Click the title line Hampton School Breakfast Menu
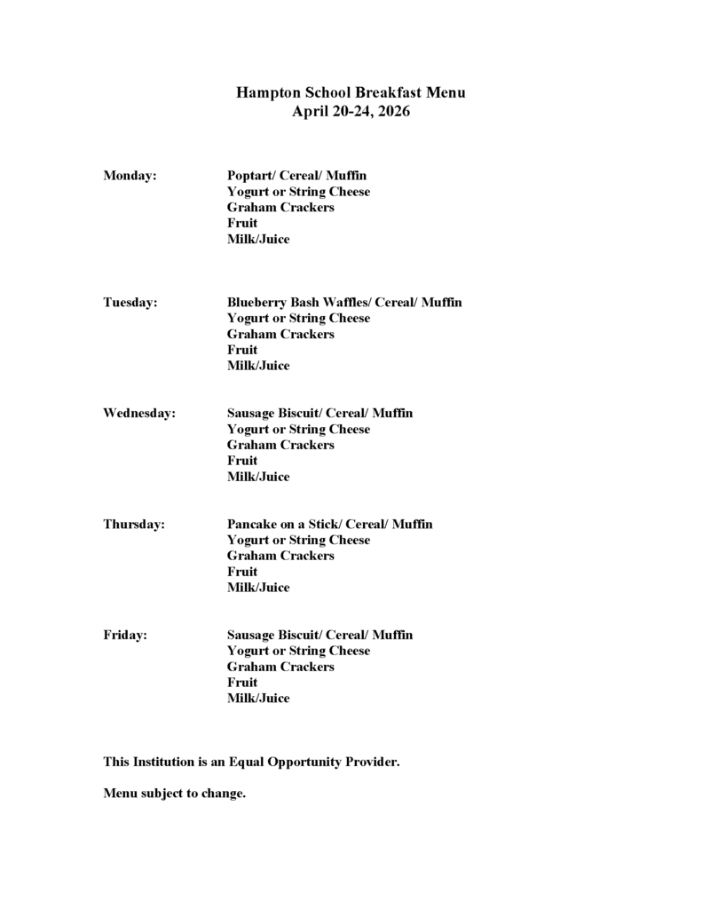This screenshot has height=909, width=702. pos(351,92)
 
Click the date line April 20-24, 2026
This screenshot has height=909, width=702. pos(351,112)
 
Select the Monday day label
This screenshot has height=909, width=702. pos(130,176)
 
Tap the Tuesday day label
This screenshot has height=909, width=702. pos(130,303)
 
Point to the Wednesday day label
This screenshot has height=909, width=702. pos(139,414)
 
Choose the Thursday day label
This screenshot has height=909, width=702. pos(134,525)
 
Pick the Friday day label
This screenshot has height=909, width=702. pos(125,636)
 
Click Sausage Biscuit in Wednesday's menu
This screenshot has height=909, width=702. pos(272,414)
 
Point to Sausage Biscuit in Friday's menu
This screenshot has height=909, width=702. pos(272,636)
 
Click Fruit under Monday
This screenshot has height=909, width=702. pos(242,224)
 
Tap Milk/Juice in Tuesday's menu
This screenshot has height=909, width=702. pos(258,366)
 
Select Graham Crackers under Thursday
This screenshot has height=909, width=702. pos(280,556)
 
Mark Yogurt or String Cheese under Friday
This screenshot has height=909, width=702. pos(298,651)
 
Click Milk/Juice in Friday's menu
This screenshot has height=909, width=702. pos(258,699)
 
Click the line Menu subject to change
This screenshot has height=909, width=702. pos(174,794)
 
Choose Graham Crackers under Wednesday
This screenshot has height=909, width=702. pos(280,445)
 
